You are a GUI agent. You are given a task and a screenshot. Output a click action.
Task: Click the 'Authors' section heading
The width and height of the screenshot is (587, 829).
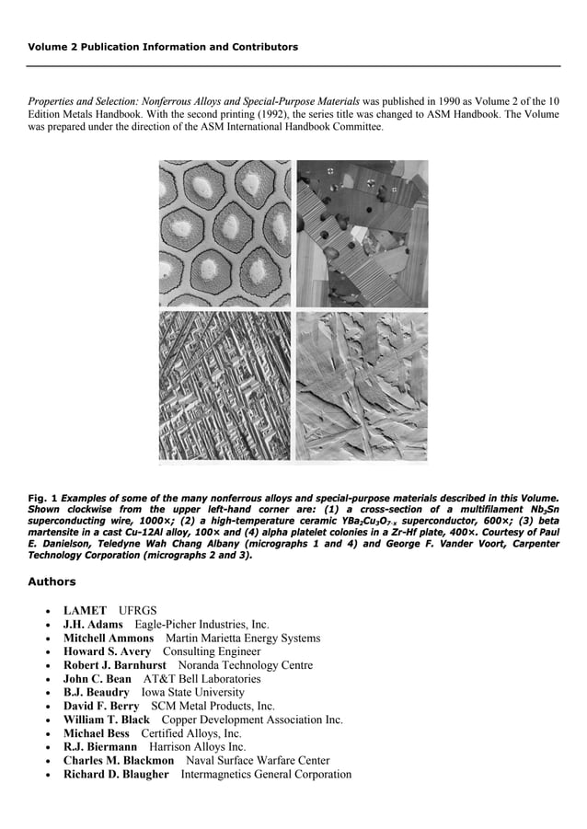tap(52, 581)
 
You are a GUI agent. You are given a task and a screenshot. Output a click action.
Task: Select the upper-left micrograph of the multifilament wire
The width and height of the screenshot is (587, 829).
tap(225, 234)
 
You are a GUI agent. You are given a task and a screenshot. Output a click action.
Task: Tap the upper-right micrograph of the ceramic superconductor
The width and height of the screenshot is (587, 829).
tap(362, 234)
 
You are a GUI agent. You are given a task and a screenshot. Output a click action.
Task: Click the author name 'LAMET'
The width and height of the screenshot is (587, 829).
tap(86, 611)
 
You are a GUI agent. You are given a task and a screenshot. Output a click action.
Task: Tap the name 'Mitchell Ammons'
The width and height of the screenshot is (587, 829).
tap(109, 639)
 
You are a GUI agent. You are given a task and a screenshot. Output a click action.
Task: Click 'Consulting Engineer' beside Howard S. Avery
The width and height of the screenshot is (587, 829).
tap(212, 651)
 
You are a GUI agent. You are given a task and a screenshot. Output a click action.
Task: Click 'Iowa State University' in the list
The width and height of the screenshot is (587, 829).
tap(192, 692)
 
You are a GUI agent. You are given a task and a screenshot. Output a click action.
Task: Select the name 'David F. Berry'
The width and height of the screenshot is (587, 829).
tap(101, 706)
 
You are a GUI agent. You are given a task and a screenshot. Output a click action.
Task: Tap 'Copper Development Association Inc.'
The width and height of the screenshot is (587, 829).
tap(251, 720)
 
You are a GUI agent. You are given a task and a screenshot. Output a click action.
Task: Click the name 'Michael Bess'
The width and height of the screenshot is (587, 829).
tap(97, 733)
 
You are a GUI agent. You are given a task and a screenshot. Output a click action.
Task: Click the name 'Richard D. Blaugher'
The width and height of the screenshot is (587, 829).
tap(116, 775)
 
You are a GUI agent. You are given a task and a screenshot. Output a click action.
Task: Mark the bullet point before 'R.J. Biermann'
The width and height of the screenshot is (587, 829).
tap(46, 747)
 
